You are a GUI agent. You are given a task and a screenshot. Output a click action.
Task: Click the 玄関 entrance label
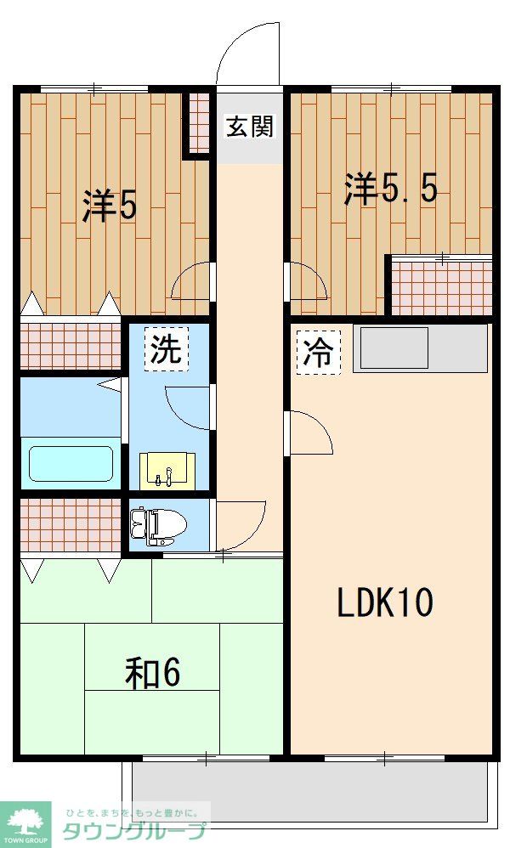[249, 127]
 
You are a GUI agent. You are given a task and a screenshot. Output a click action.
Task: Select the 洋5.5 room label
[390, 189]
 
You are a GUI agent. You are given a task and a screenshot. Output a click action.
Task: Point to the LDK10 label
[385, 602]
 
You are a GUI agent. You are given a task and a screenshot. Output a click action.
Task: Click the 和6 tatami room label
[153, 673]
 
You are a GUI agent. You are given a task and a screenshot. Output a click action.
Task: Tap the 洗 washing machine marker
[166, 348]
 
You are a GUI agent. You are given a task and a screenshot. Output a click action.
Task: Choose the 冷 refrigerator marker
[318, 350]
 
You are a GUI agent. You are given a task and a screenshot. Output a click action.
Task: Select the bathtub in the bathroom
[71, 463]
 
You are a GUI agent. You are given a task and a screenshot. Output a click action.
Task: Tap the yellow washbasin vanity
[167, 470]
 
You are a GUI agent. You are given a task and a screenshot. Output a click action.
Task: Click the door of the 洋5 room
[191, 282]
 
